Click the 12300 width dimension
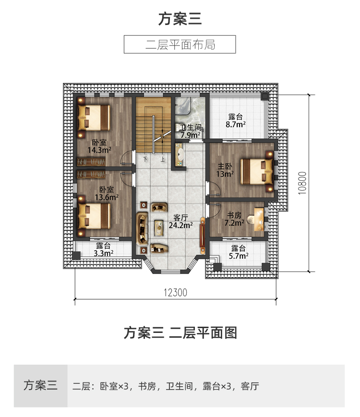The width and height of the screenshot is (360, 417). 175,292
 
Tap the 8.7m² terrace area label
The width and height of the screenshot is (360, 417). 236,123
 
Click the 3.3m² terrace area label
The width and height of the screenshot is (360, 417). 103,253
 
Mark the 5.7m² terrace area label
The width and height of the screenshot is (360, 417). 238,256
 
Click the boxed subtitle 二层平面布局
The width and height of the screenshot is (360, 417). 180,44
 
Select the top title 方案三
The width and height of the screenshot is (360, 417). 180,19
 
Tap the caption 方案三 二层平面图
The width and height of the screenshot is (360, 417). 180,332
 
